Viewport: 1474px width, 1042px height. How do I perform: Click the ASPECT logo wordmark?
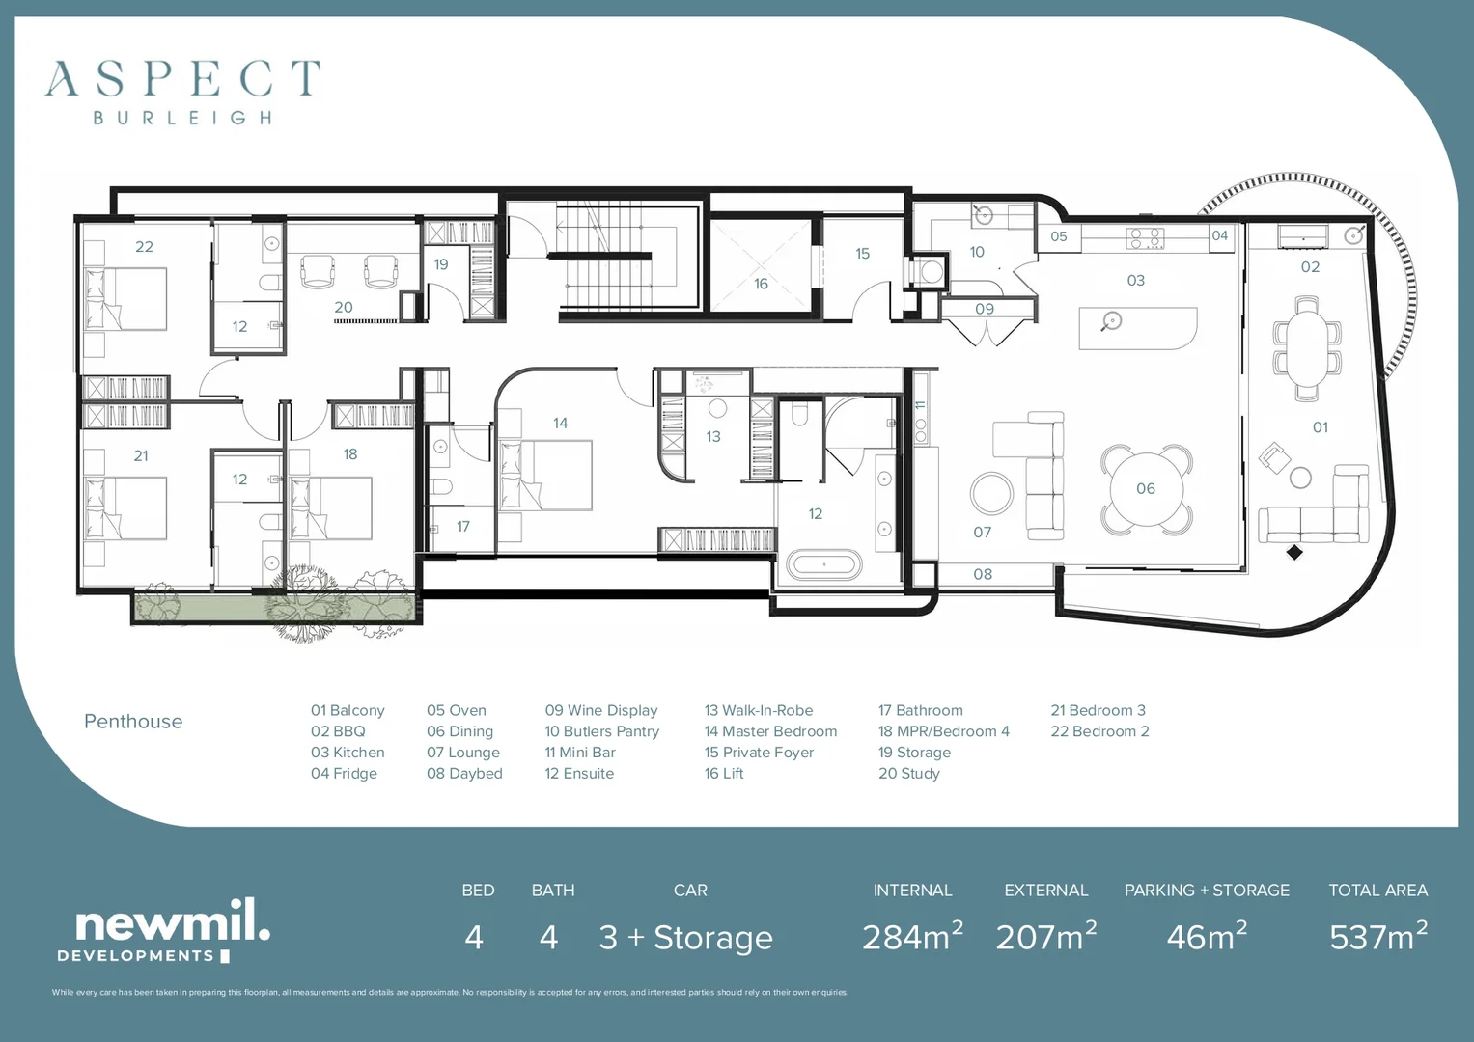click(182, 79)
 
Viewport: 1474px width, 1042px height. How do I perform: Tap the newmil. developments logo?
click(164, 930)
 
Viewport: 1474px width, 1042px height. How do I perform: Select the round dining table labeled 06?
click(1146, 488)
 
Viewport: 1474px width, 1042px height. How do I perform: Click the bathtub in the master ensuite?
click(823, 563)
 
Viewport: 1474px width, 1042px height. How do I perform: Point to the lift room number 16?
click(761, 284)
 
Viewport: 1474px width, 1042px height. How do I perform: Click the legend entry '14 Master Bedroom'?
click(770, 731)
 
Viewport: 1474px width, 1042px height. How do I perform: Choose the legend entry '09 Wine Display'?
click(600, 710)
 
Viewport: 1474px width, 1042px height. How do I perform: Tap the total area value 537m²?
click(1377, 937)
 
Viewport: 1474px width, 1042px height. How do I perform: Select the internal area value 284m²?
click(912, 937)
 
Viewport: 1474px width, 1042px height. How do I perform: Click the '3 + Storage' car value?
click(685, 938)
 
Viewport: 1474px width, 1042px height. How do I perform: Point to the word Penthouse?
click(133, 722)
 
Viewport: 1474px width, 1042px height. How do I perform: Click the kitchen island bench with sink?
click(1138, 328)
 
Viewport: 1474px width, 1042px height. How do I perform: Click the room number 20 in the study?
click(344, 308)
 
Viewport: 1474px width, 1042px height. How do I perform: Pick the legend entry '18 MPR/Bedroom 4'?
click(943, 731)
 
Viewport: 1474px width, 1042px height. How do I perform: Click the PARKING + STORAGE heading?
click(1207, 891)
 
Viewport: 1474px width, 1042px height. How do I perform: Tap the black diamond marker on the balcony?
click(1294, 552)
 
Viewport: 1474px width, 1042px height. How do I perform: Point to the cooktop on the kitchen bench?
click(1145, 237)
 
